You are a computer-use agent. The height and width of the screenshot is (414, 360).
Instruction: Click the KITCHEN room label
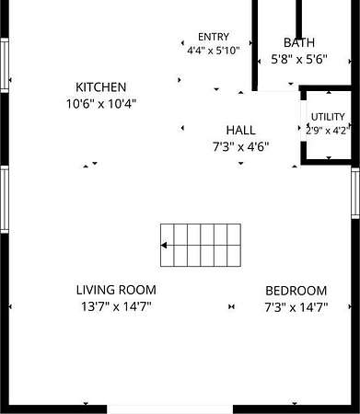[101, 87]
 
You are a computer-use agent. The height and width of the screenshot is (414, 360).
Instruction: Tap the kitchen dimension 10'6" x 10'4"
[101, 104]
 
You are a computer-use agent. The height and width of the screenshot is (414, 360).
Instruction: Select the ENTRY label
[214, 37]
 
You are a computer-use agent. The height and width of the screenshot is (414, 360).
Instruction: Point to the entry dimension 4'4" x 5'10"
[214, 51]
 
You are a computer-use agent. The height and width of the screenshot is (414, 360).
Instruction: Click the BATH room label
[299, 42]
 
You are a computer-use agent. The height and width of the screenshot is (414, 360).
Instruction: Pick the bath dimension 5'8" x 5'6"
[299, 59]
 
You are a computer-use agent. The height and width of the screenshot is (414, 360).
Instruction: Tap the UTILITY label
[328, 117]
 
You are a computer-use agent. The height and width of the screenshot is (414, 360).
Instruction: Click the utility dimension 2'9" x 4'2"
[327, 131]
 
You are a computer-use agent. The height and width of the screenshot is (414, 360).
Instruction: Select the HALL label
[241, 131]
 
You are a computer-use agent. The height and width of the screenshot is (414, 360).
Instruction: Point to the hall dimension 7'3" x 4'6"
[241, 147]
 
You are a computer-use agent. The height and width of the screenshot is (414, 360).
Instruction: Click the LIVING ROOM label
[116, 290]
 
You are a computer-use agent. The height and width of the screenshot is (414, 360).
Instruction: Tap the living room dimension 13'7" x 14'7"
[116, 306]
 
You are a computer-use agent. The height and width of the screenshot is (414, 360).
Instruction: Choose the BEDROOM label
[296, 291]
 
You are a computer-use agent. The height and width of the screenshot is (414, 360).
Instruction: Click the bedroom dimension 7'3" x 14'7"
[296, 307]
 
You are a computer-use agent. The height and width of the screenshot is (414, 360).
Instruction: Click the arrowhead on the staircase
[164, 246]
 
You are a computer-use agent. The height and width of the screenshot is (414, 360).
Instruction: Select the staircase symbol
[201, 245]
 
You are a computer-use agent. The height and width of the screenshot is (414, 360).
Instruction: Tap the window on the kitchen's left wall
[5, 65]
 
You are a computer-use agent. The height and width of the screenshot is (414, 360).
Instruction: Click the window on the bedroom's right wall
[355, 193]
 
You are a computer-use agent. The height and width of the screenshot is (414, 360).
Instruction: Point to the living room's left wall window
[5, 200]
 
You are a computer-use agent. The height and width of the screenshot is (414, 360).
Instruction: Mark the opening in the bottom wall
[169, 409]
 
